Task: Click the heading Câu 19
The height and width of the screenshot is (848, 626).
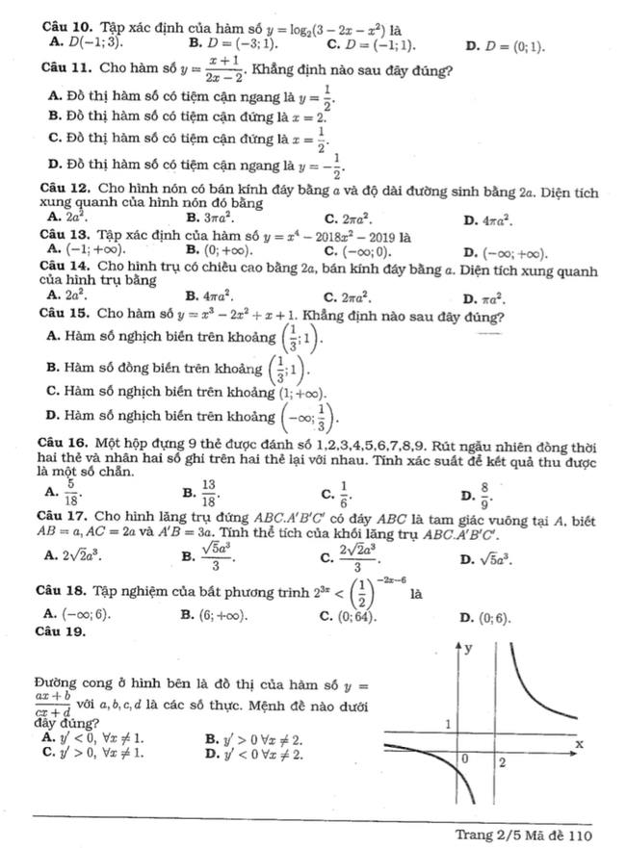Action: pyautogui.click(x=60, y=633)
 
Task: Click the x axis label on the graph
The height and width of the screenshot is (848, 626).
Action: pyautogui.click(x=579, y=744)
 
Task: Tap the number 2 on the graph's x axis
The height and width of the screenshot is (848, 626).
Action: pyautogui.click(x=502, y=762)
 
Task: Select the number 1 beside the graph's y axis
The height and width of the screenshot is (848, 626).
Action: pyautogui.click(x=448, y=721)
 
